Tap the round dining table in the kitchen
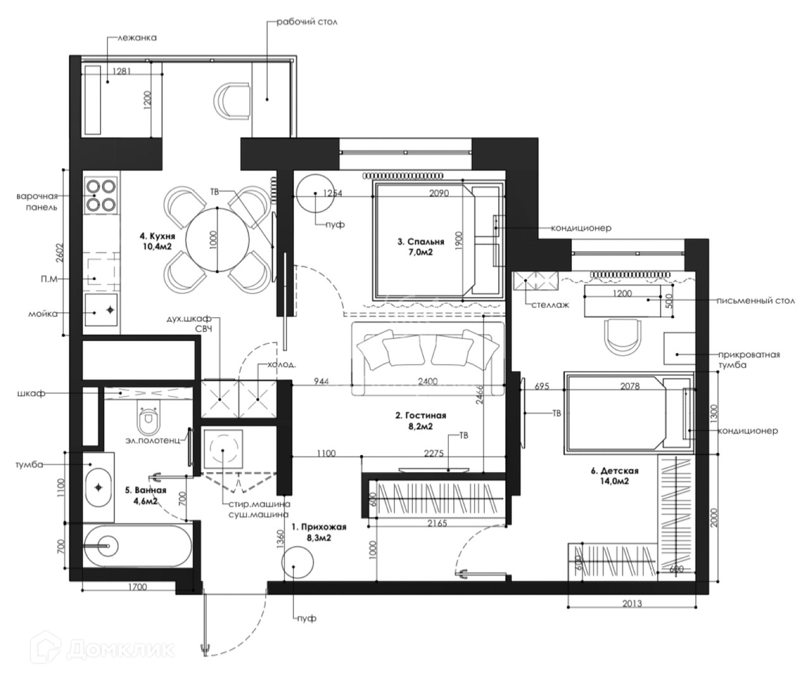(217, 239)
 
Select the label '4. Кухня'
(157, 236)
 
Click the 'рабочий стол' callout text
(307, 22)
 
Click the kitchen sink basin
(101, 310)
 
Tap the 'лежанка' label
(137, 38)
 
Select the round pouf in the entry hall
(298, 562)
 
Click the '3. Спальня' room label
(421, 241)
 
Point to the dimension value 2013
(632, 603)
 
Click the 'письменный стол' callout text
(756, 301)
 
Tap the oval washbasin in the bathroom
(98, 487)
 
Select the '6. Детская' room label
(614, 471)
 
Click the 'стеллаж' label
(550, 305)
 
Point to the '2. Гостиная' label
(421, 415)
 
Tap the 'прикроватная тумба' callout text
(749, 360)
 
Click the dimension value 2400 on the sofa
(428, 381)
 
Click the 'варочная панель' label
(38, 202)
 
